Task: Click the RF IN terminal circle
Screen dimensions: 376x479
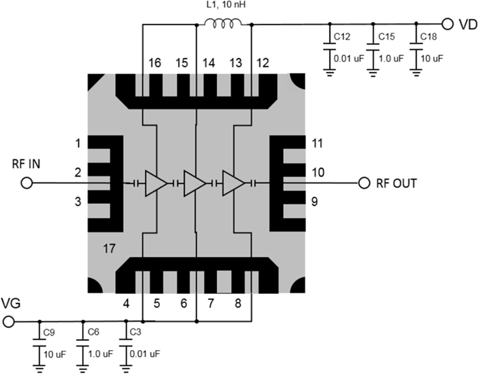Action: [27, 183]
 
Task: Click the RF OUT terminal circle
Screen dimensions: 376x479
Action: [363, 183]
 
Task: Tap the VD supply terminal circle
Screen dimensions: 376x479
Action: [448, 25]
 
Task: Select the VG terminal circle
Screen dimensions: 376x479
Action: [8, 321]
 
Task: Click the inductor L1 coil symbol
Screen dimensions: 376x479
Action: [223, 25]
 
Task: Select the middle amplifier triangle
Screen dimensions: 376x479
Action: [195, 183]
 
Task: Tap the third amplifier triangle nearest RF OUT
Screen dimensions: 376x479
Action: [234, 183]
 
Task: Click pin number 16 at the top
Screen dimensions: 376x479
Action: [155, 64]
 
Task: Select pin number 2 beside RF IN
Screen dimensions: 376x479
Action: [79, 172]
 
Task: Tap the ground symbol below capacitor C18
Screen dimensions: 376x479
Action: [415, 76]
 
